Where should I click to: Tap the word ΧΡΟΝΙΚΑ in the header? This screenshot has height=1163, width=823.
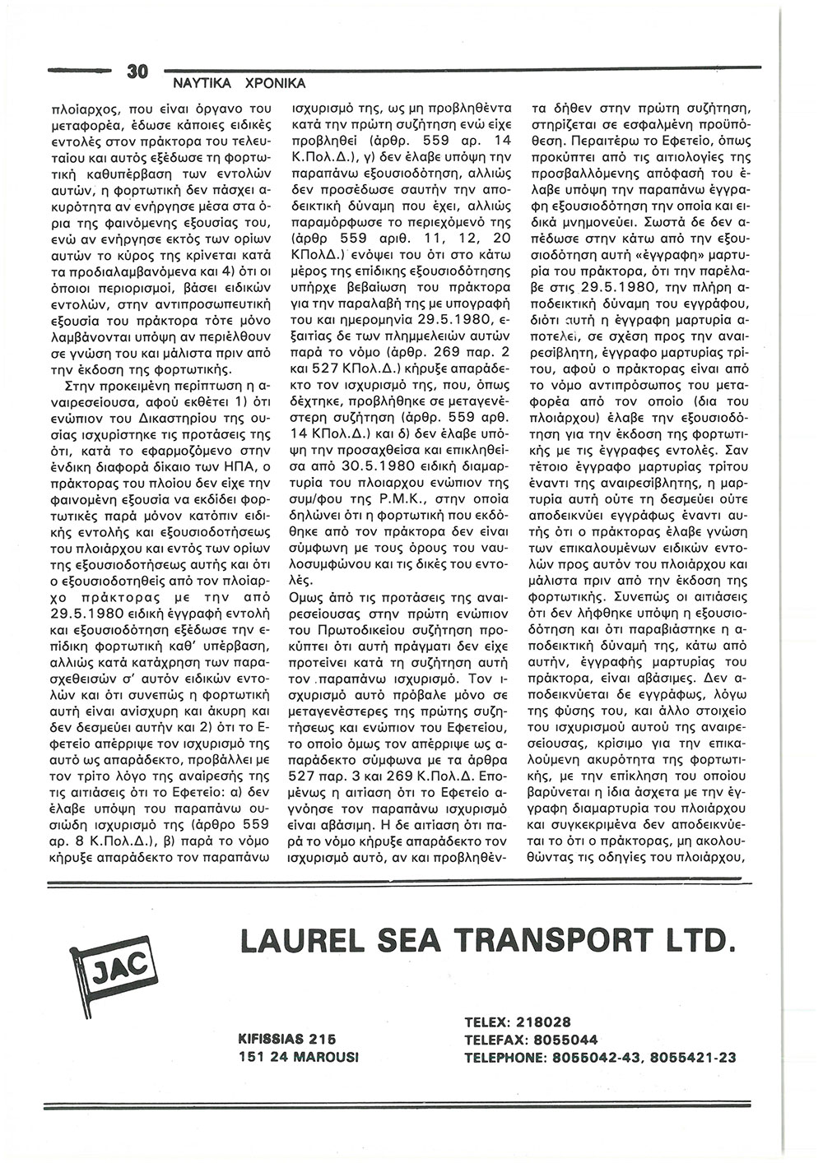point(275,84)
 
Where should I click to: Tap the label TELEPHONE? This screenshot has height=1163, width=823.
point(507,1056)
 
